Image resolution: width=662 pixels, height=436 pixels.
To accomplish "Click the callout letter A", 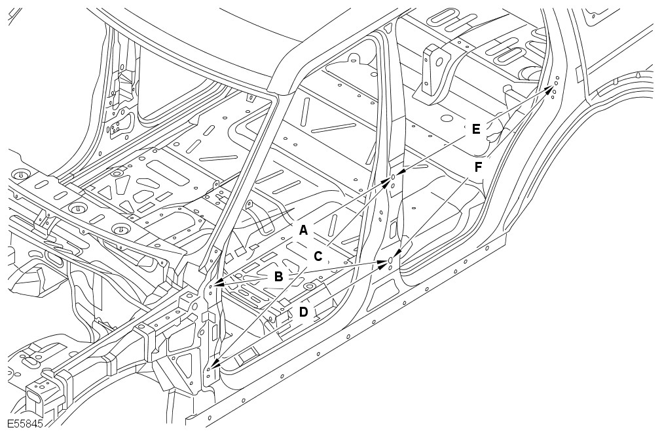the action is pyautogui.click(x=303, y=231).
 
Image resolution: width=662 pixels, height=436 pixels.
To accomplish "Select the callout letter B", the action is pyautogui.click(x=278, y=277).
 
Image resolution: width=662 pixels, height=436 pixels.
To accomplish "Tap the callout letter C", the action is pyautogui.click(x=318, y=256).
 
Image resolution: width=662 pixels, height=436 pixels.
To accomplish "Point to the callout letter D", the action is pyautogui.click(x=304, y=312).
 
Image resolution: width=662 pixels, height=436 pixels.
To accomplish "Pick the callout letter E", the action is pyautogui.click(x=476, y=129).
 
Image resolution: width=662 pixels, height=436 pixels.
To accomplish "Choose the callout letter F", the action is pyautogui.click(x=478, y=167).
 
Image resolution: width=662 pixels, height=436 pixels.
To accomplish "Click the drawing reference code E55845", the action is pyautogui.click(x=25, y=424).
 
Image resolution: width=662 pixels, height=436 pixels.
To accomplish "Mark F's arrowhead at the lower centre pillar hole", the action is pyautogui.click(x=397, y=254).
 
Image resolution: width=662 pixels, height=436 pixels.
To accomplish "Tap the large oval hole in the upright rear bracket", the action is pyautogui.click(x=439, y=62).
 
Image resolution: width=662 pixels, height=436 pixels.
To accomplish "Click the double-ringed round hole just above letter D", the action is pyautogui.click(x=310, y=287).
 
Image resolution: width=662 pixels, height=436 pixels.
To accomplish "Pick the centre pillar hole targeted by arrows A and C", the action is pyautogui.click(x=393, y=177).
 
